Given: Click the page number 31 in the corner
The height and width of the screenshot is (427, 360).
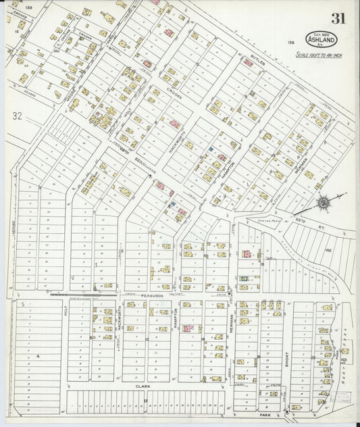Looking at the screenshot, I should point(338,18).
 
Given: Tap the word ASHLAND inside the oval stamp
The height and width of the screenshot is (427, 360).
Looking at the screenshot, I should point(319,39).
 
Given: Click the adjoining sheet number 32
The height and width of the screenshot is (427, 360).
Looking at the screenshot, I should point(17,116).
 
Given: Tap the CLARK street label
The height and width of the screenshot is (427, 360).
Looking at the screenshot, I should point(143,386).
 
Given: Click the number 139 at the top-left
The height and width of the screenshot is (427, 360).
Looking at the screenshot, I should point(28,7).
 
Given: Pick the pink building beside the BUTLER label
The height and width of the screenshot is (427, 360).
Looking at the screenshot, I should point(248,63).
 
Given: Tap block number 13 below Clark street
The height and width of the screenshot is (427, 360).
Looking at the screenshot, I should point(145,401).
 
